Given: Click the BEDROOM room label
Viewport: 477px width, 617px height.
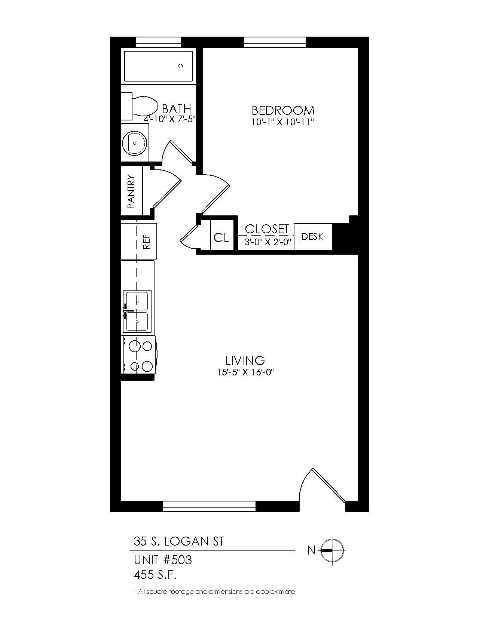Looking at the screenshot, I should pos(283,110).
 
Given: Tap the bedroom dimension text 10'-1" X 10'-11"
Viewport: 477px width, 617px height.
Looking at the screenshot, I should pos(282,122).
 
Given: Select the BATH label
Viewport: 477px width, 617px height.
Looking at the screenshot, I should pos(176,109).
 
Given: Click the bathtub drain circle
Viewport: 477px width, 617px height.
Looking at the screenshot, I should pos(181,66).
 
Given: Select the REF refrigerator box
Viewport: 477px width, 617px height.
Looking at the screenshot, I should pos(146,241).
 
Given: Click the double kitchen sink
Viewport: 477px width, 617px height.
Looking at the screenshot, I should pos(137,311).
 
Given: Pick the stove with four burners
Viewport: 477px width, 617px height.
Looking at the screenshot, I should pos(138,355).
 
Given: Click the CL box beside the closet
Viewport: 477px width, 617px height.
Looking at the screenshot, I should pos(221,237).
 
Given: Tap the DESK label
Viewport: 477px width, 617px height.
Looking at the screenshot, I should pos(312,236).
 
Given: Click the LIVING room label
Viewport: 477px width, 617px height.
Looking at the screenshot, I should pos(245,360).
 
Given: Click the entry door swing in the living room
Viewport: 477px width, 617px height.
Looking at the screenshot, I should pos(322,486).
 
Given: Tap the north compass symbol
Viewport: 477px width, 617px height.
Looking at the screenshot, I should pos(332,550).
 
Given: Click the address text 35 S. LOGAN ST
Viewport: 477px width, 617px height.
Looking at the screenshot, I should pos(179,541).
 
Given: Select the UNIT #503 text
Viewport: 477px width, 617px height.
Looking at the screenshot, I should pos(163,560).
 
